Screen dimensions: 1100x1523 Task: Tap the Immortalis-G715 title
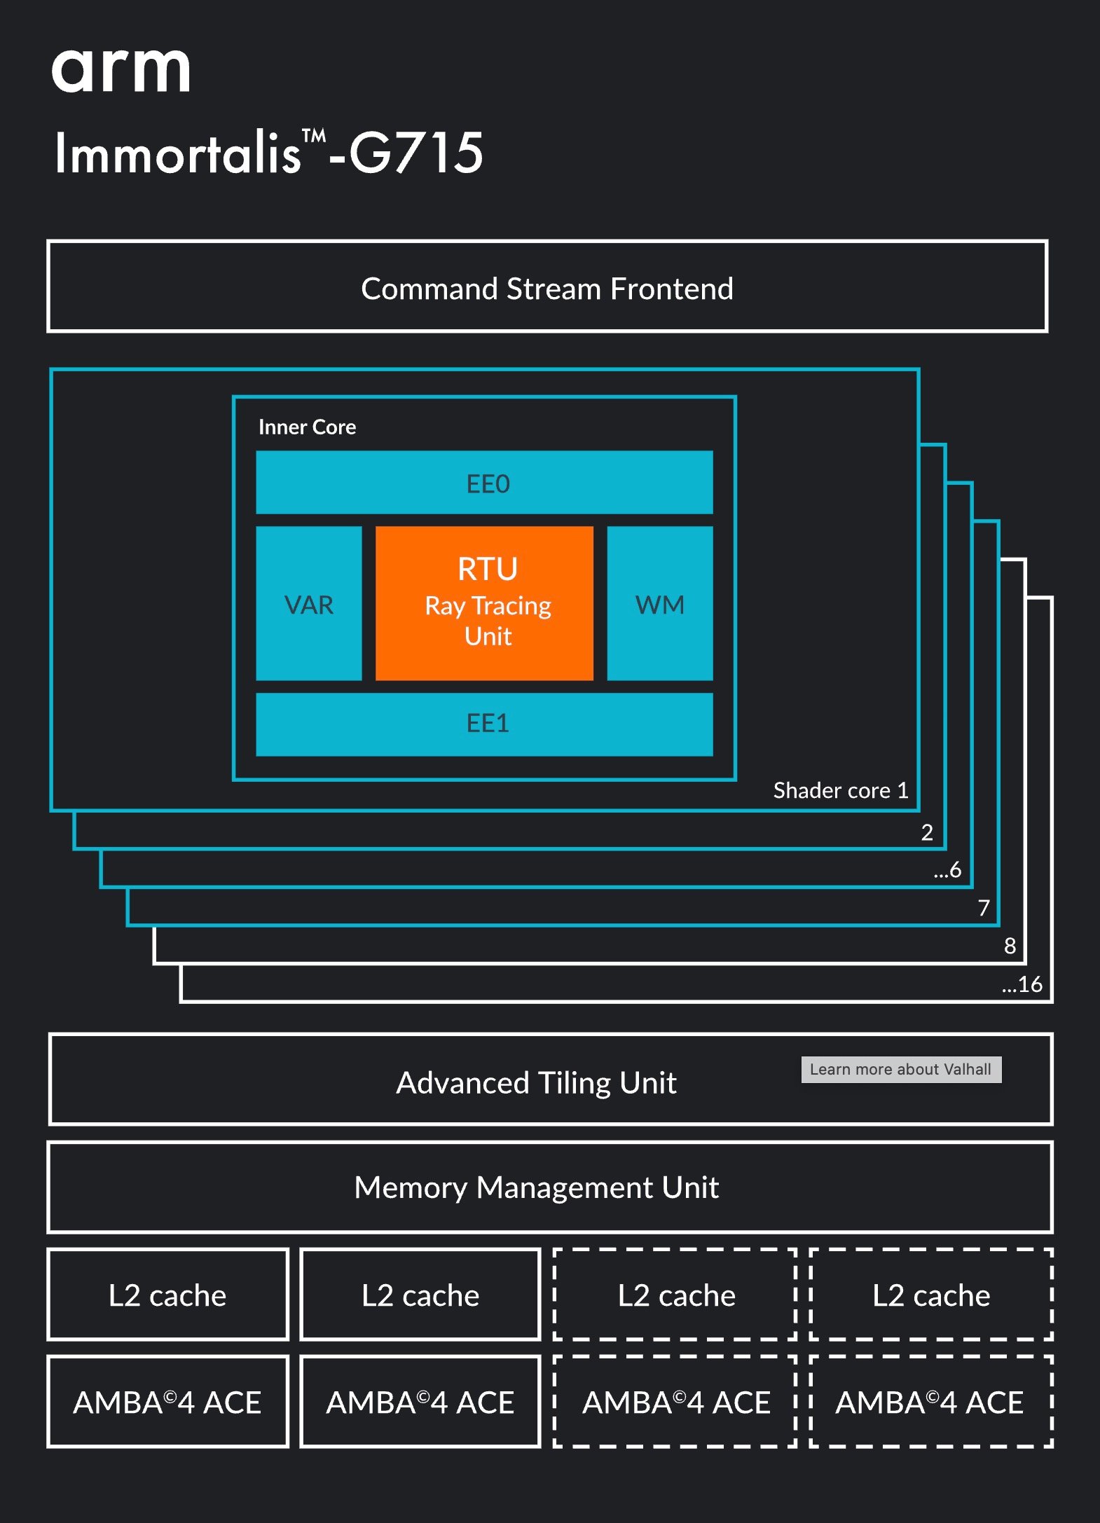coord(269,152)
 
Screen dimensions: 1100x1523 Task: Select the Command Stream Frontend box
coord(547,287)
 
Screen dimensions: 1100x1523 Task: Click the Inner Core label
coord(307,427)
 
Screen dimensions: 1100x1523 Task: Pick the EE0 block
coord(484,482)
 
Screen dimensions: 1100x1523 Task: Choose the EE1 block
coord(484,724)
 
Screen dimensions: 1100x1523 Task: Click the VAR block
coord(309,603)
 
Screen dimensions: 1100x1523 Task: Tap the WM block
coord(660,603)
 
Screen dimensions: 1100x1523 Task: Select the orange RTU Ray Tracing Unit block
coord(484,603)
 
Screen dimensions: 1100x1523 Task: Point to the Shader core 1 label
coord(841,790)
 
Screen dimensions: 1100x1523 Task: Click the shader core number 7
coord(984,908)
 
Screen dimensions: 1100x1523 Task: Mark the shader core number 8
coord(1010,946)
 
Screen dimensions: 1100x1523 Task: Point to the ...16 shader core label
coord(1022,984)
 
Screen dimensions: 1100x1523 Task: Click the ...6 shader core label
coord(947,870)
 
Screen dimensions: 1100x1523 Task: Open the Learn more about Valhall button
coord(901,1069)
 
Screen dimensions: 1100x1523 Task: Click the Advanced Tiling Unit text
coord(536,1082)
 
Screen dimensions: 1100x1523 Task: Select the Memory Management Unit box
coord(550,1187)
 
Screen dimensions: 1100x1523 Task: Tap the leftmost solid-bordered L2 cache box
coord(167,1295)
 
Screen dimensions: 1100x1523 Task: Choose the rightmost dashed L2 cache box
coord(931,1295)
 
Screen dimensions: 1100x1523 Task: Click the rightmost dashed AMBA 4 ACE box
coord(931,1402)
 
